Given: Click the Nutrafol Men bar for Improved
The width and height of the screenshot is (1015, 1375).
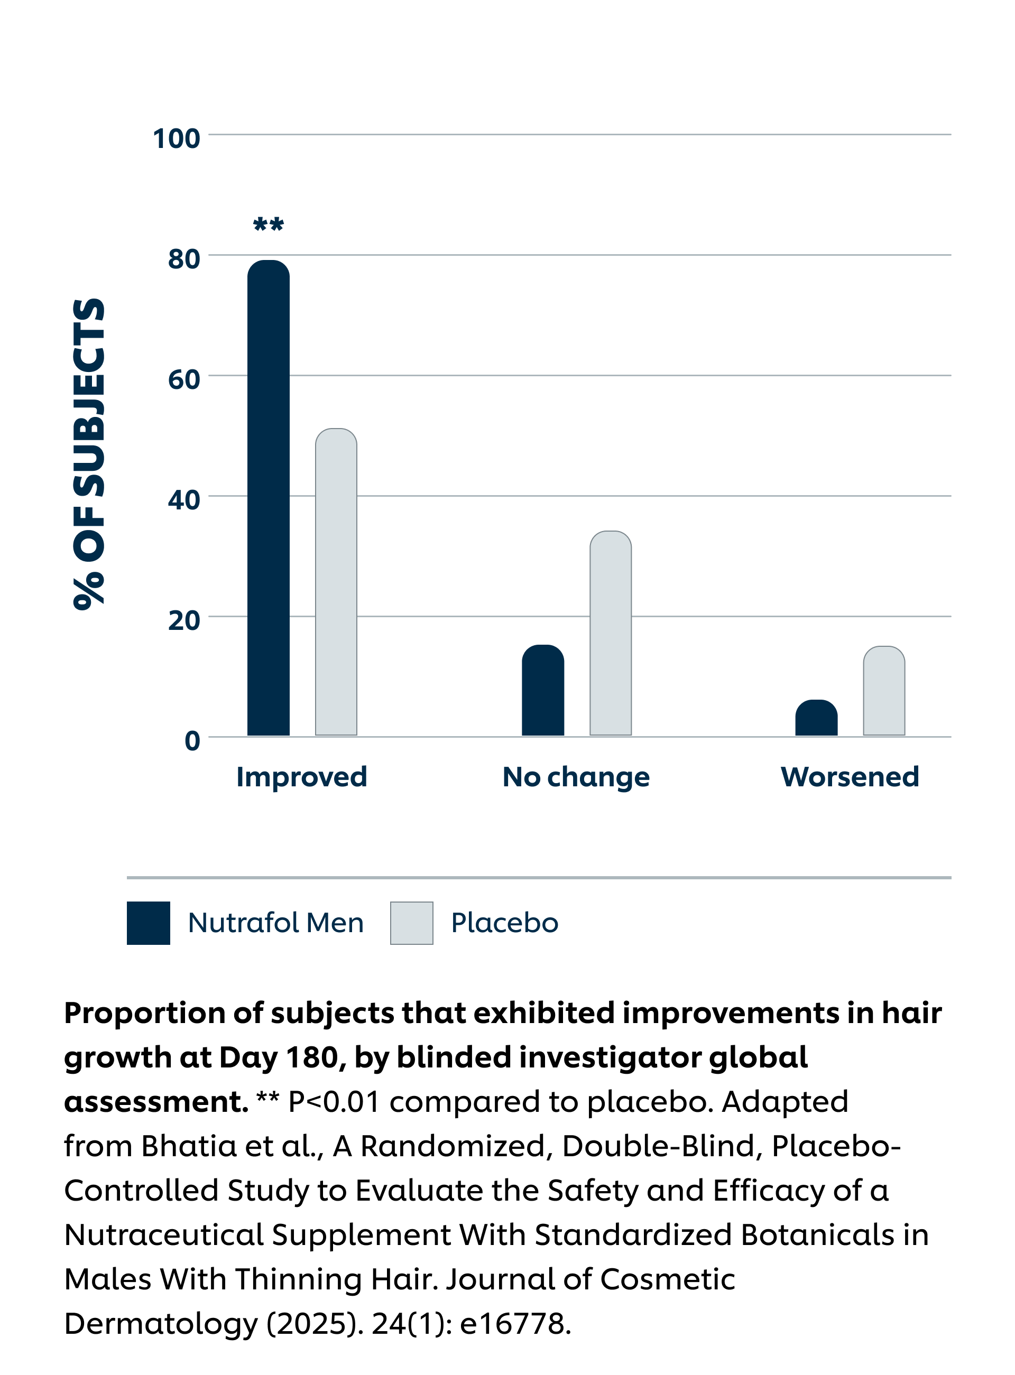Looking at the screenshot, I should coord(269,497).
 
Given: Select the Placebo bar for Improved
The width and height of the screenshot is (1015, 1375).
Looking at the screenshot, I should coord(336,582).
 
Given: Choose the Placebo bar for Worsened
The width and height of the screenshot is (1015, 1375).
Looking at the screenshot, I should coord(883,690).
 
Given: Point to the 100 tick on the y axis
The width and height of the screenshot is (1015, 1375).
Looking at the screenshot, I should coord(177,139).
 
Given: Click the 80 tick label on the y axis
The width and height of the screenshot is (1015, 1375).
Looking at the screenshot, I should coord(184,259).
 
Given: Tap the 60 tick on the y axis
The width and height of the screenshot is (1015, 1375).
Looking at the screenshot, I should coord(184,379).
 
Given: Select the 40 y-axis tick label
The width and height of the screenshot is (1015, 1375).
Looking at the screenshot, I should coord(184,500).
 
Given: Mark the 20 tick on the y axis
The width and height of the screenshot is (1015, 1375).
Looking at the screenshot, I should coord(184,620).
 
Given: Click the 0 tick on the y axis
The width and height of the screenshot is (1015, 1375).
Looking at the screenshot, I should coord(192,741).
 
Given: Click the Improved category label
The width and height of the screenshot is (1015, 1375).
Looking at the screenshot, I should coord(302,777).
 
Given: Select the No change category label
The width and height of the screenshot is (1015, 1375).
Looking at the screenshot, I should coord(576,777).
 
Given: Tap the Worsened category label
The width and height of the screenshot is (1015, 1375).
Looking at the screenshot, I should coord(850,777).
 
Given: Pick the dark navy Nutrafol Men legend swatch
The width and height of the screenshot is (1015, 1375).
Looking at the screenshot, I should coord(148,923).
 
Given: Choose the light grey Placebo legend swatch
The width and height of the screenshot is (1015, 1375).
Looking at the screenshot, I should coord(412,923).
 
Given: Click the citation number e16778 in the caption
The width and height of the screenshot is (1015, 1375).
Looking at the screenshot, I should coord(515,1324).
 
